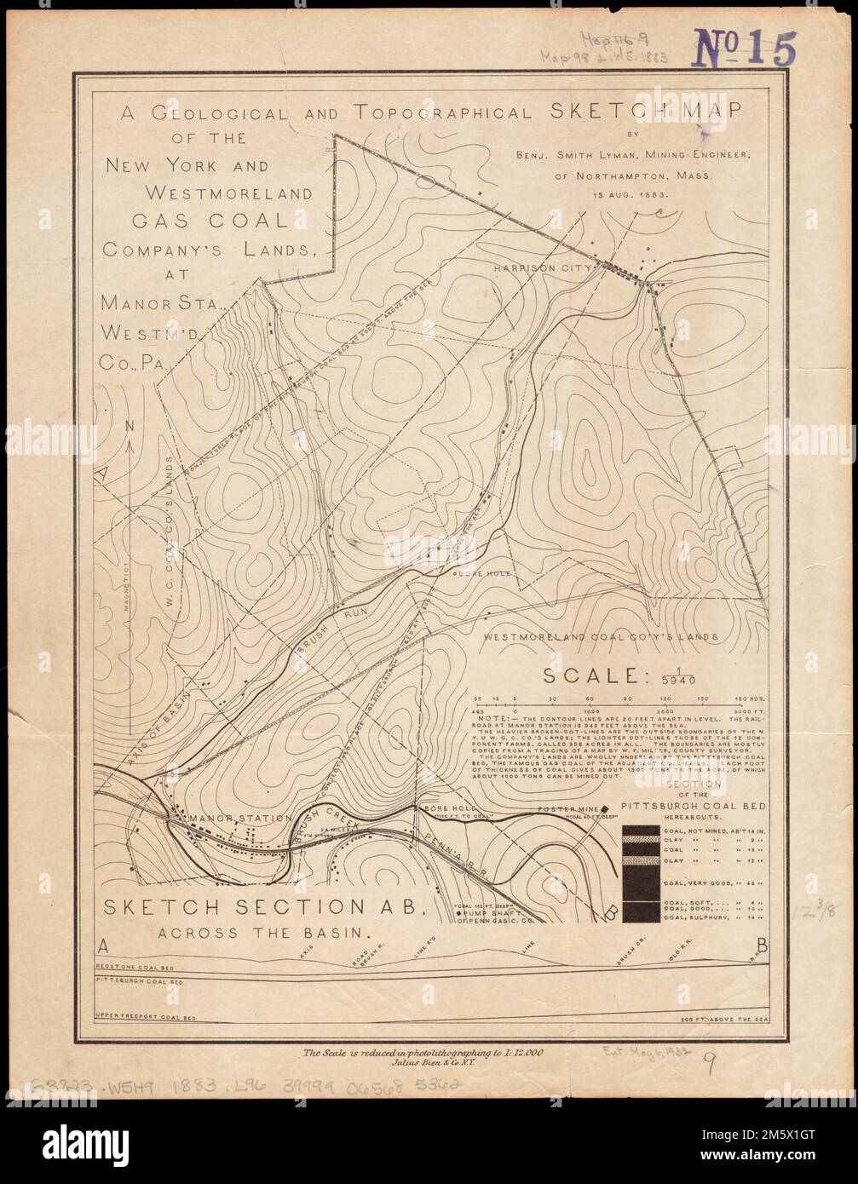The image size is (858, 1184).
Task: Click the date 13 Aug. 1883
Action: point(623,194)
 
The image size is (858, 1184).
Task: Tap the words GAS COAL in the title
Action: point(210,220)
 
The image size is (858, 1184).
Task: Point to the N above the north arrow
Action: point(128,426)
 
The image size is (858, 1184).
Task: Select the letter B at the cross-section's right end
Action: point(761,945)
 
